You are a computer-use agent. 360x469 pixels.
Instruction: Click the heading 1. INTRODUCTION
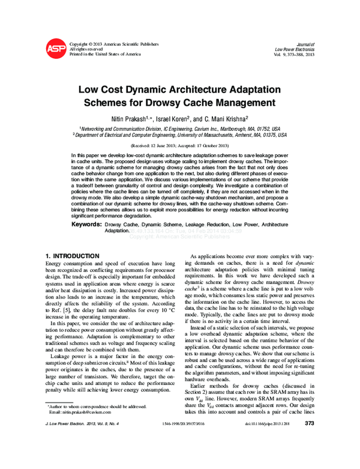click(73, 256)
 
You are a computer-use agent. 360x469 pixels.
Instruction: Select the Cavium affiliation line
click(179, 129)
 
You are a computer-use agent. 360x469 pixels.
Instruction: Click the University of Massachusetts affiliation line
click(179, 136)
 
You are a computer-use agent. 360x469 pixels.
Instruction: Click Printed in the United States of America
click(105, 54)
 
